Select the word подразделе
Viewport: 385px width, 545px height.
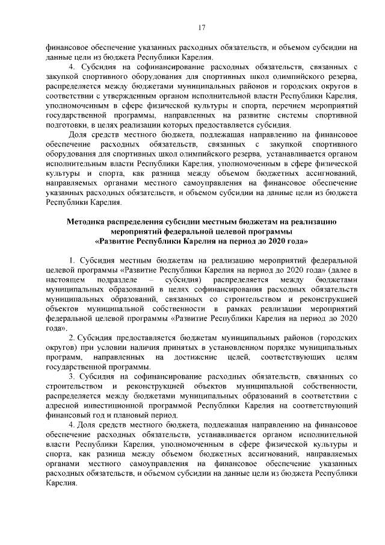pos(128,280)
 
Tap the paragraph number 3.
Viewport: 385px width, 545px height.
pos(72,377)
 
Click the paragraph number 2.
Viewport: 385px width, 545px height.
pos(72,339)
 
